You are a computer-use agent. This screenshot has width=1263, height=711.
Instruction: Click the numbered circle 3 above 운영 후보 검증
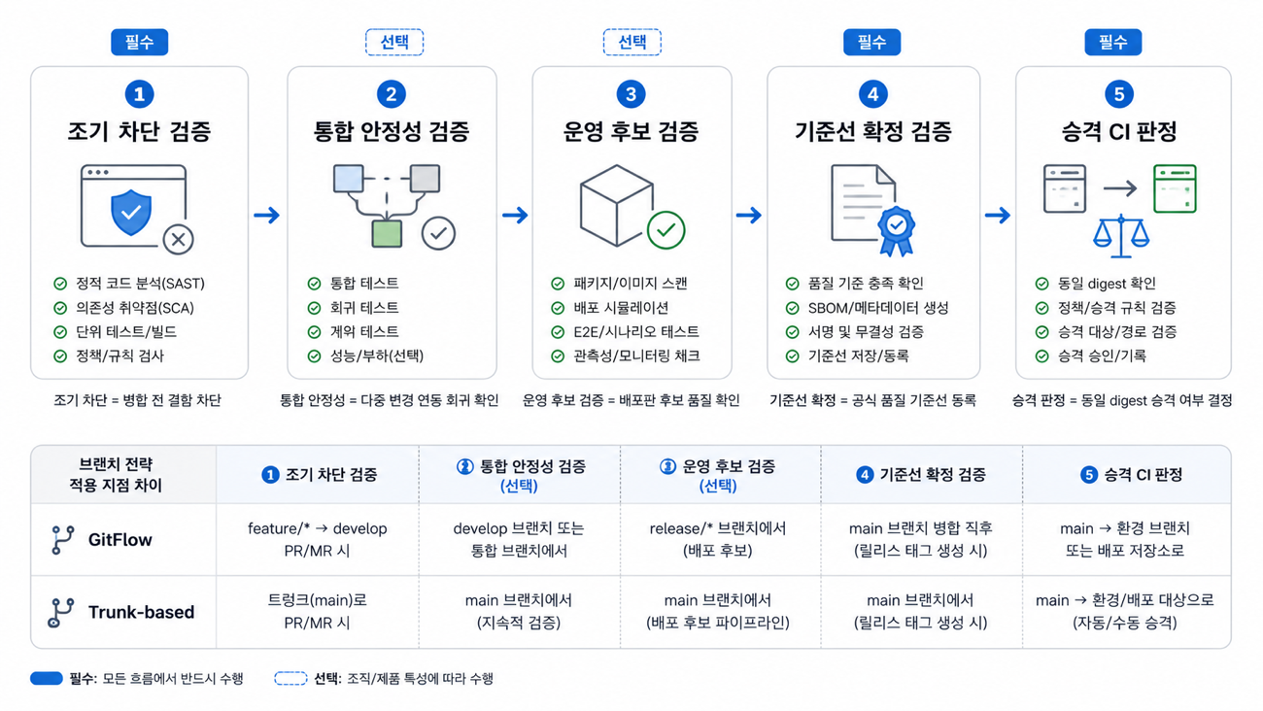(x=631, y=94)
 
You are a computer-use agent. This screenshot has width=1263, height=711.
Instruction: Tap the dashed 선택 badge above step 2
(x=394, y=43)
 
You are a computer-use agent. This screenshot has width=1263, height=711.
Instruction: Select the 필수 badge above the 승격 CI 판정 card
(x=1113, y=43)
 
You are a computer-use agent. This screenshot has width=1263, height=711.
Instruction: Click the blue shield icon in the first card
(x=131, y=212)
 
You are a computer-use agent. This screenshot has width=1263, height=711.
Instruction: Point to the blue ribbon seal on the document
(x=897, y=230)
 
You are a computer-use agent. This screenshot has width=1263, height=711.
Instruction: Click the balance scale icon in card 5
(x=1121, y=236)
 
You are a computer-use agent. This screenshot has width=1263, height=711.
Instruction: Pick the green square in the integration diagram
(x=387, y=233)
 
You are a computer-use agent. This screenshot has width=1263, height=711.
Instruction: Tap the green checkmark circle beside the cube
(x=666, y=230)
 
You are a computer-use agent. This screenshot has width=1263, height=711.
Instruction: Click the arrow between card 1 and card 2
(x=267, y=215)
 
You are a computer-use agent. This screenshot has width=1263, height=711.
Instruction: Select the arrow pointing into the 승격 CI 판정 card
(x=998, y=215)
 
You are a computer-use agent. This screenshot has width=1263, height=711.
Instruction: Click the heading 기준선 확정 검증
(x=872, y=131)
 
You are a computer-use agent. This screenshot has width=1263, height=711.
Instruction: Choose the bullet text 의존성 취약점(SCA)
(x=135, y=308)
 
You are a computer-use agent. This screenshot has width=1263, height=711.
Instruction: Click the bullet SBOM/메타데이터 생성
(x=878, y=308)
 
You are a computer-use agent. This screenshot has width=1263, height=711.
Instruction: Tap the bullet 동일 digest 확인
(x=1107, y=284)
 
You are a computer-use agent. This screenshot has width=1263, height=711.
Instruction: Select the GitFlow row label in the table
(x=120, y=540)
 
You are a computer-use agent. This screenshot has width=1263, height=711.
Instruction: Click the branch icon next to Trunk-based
(x=61, y=612)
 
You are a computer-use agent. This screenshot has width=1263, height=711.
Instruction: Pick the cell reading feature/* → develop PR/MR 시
(x=318, y=540)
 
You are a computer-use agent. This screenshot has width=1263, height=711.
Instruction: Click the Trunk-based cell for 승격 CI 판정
(x=1125, y=611)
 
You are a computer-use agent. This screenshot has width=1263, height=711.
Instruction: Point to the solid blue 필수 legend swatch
(x=47, y=678)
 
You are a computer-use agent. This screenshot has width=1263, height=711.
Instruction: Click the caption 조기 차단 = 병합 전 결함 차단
(x=138, y=400)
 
